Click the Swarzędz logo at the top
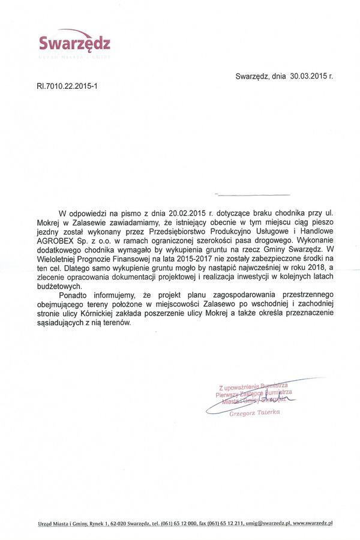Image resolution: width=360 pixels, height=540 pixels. (x=74, y=43)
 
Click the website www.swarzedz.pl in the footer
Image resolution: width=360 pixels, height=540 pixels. (x=313, y=524)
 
